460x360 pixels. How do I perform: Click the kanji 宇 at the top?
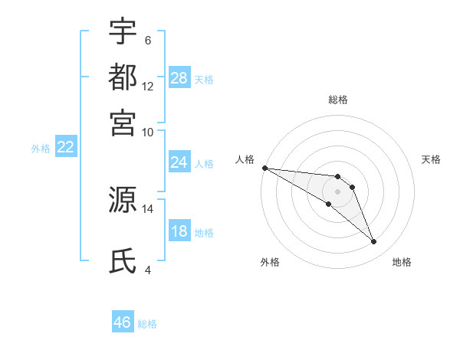coord(123,31)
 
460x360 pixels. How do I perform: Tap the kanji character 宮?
coord(123,122)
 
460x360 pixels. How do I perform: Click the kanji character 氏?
coord(123,261)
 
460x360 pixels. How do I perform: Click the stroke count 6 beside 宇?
coord(147,41)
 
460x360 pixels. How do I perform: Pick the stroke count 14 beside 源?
coord(148,208)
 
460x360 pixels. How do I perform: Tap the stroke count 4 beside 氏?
coord(147,270)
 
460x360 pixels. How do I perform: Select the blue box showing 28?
coord(179,78)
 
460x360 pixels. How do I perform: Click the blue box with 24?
coord(179,162)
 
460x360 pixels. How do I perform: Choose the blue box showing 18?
coord(179,231)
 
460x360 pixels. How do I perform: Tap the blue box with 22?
coord(65,148)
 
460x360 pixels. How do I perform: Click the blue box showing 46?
coord(123,322)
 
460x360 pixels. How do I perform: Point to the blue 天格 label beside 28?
coord(204,79)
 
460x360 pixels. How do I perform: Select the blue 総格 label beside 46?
coord(147,323)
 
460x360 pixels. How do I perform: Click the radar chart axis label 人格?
coord(245,159)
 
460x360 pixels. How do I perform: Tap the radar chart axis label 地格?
coord(402,262)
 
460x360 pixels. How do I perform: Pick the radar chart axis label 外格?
coord(270,262)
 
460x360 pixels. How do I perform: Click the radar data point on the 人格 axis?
coord(264,168)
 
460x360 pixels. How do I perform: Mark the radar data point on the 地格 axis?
coord(374,242)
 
